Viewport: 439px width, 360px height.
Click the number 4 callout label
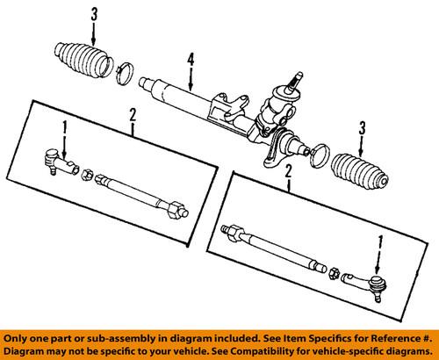click(x=189, y=61)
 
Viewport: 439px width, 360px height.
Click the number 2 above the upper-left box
click(x=133, y=113)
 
